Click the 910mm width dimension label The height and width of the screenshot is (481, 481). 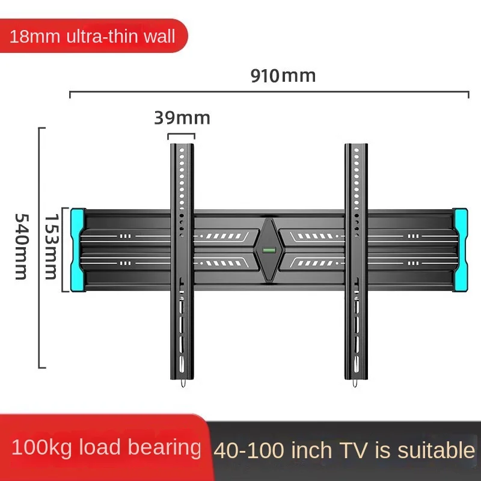(x=283, y=76)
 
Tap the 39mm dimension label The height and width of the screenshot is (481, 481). (x=182, y=118)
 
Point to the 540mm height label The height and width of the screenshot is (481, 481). (x=22, y=247)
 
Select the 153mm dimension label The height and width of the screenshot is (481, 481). (x=51, y=247)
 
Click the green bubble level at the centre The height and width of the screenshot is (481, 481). (x=269, y=250)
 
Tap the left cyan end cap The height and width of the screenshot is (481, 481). (x=78, y=250)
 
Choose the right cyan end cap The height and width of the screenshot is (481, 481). (x=461, y=250)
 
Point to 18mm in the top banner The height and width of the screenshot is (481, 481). (x=35, y=37)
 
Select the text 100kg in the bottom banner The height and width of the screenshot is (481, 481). (x=41, y=447)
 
